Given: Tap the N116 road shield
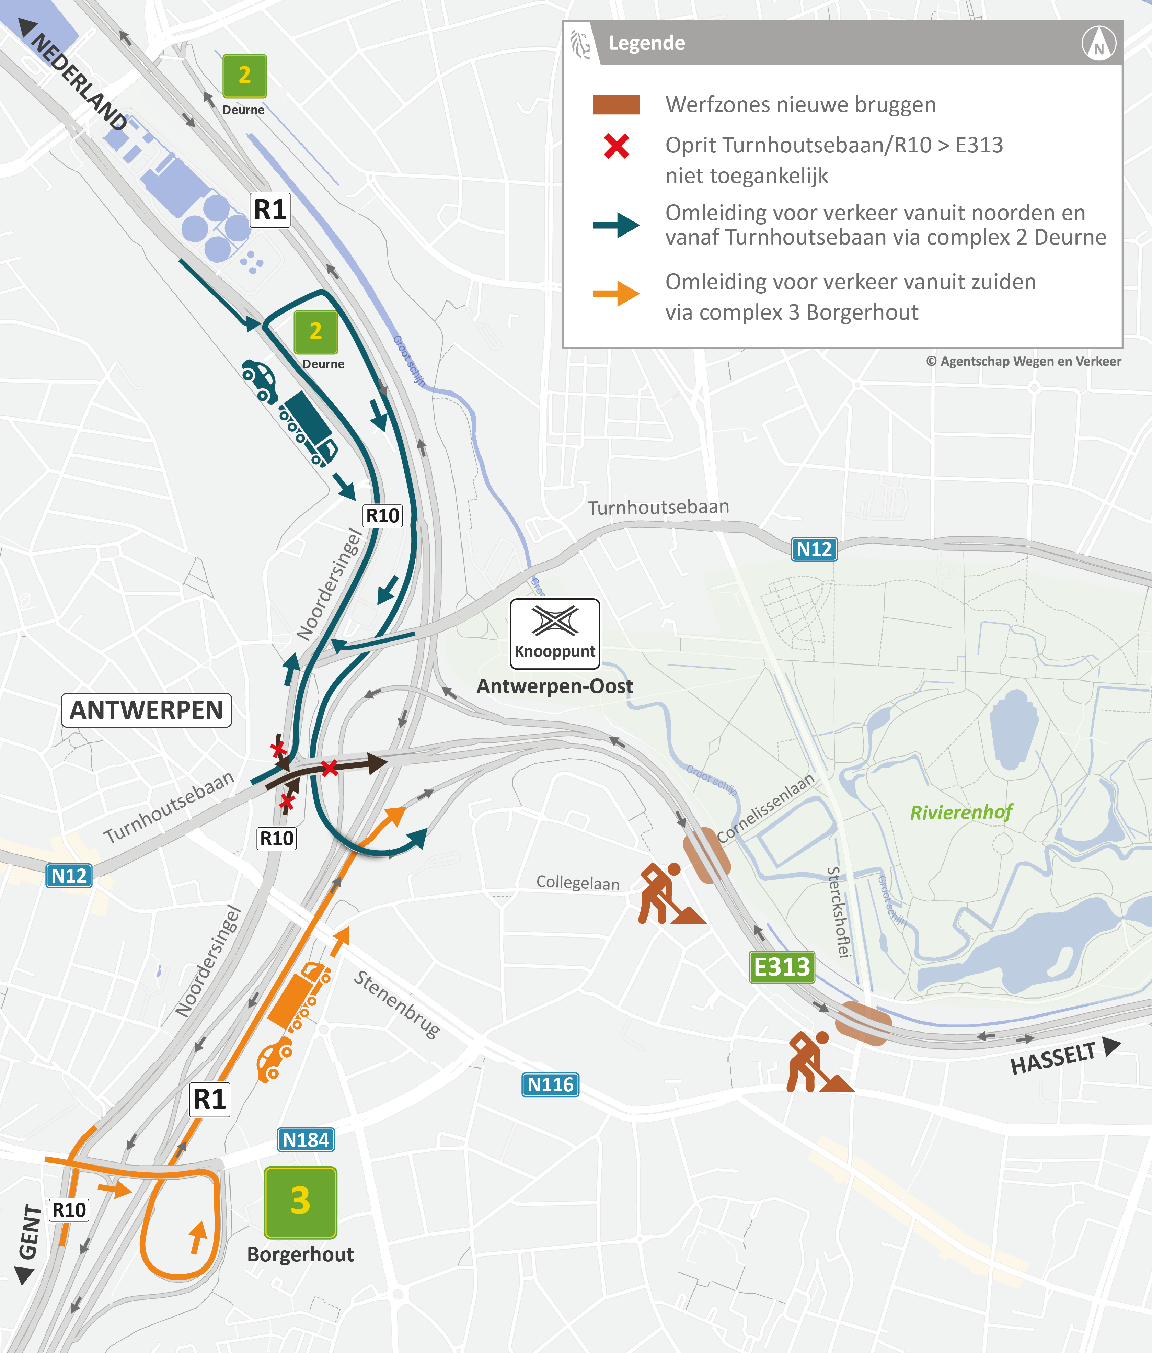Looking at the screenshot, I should (x=550, y=1084).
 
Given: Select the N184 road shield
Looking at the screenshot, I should (x=306, y=1139).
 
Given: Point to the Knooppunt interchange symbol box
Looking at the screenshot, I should (x=555, y=633).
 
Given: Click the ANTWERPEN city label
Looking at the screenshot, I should (x=146, y=710).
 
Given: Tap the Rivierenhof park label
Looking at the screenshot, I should (x=961, y=812).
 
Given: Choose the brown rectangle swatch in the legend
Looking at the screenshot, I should (x=616, y=104).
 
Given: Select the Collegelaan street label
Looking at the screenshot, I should (x=578, y=883).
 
